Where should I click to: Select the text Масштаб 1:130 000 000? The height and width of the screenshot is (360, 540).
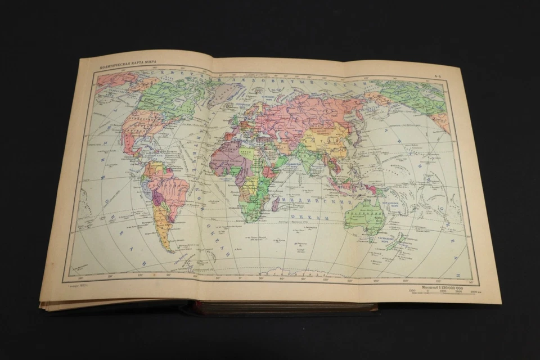click(441, 287)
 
